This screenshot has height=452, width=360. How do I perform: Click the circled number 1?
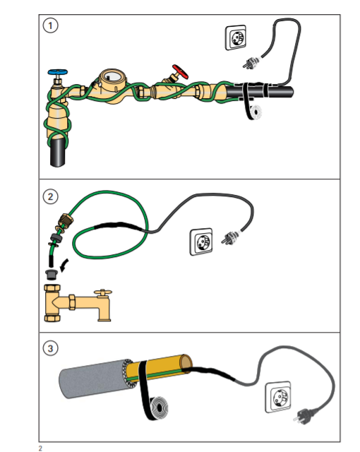pos(50,25)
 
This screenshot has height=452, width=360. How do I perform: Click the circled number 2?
pos(50,196)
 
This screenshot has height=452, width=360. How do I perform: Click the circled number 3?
pos(50,348)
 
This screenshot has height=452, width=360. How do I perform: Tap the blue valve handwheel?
pos(58,72)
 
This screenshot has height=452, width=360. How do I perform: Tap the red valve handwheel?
pos(180,71)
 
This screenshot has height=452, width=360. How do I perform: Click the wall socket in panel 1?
pos(236,37)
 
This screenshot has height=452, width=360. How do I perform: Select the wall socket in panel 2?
pos(201,242)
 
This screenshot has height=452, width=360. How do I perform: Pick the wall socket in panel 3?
pos(278,397)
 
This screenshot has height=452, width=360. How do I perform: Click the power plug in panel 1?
pos(251,62)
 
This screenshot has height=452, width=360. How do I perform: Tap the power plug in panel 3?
pos(303,415)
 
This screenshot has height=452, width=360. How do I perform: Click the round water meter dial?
pos(113,76)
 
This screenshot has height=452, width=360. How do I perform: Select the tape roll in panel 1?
pos(255,112)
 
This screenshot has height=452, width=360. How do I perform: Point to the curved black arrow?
pos(64,266)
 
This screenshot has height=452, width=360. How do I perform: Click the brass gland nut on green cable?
pos(65,221)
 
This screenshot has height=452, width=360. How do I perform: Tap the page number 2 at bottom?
pos(40,448)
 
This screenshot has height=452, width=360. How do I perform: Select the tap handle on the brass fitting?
pos(103,293)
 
